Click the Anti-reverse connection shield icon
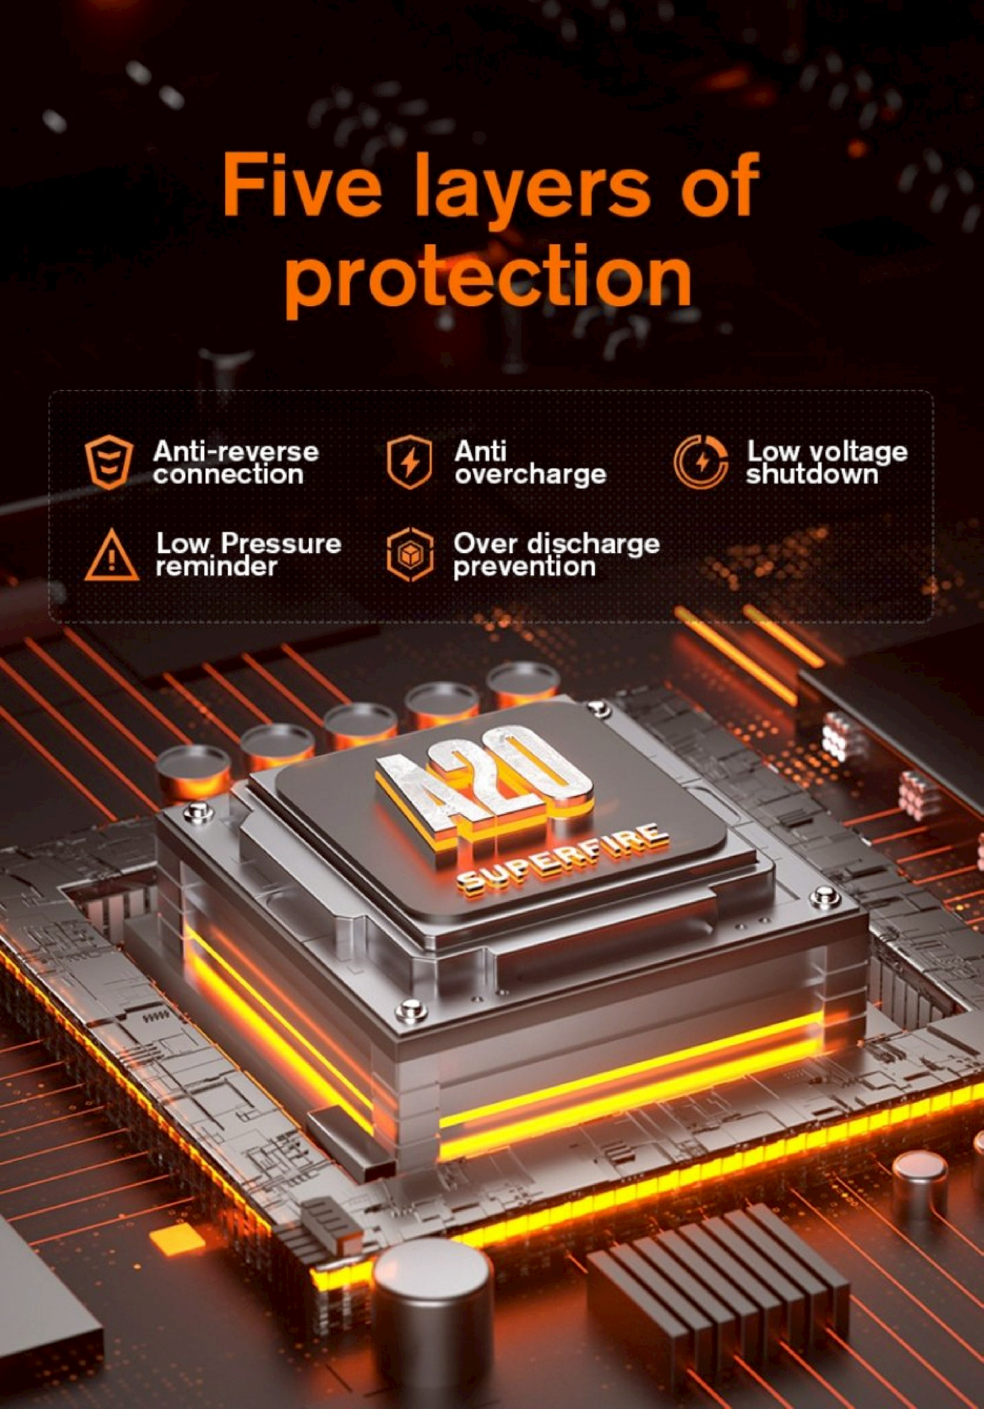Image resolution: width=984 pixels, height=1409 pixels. coord(109,462)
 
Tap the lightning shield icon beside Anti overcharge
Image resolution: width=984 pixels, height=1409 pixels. coord(409,462)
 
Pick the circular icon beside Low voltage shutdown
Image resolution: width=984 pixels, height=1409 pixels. coord(701,462)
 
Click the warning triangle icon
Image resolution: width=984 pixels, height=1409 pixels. coord(112,555)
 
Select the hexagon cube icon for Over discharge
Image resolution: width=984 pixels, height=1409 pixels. coord(409,555)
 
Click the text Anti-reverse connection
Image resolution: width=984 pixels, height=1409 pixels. coord(235,462)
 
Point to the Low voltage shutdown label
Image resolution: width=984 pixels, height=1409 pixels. coord(827,462)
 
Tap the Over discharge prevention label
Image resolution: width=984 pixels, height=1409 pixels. coord(556,555)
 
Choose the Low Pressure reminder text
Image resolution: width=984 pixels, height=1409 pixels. coord(248,555)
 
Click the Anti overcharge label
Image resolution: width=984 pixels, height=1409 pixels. coord(530,462)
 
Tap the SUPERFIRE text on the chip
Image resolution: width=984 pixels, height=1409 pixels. coord(562,860)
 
